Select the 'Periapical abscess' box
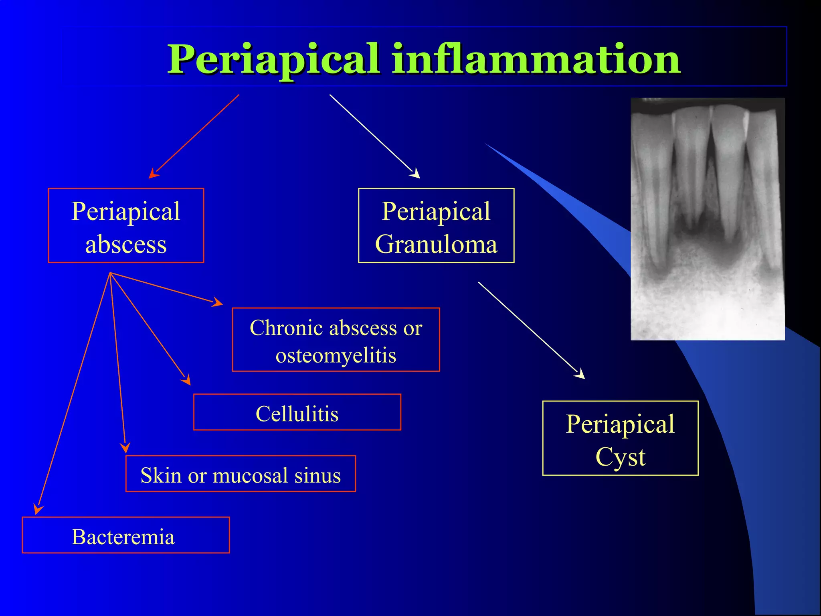126,225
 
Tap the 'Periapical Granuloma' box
436,225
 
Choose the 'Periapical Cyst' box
620,438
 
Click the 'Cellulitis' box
297,412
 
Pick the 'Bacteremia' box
125,535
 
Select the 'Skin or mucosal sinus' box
241,474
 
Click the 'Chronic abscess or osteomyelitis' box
336,340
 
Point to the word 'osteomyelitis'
336,355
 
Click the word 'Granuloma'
436,244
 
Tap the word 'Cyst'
620,456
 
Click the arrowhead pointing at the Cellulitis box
186,380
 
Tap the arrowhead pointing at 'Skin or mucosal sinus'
125,448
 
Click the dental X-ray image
708,219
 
